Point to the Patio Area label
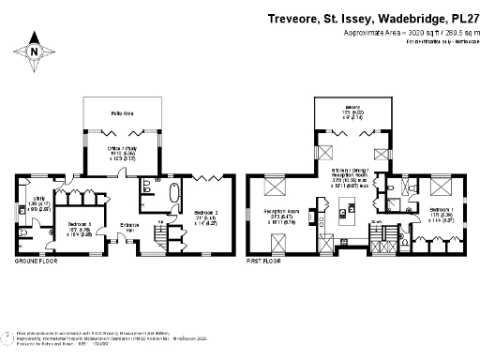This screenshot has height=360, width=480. tap(122, 112)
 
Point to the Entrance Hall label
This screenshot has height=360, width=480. tap(127, 226)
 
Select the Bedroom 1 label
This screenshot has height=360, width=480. tap(443, 212)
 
